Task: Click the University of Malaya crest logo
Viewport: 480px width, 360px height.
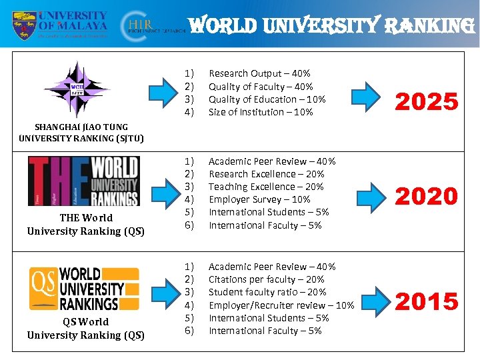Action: point(24,25)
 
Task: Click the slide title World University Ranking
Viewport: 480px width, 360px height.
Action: point(331,25)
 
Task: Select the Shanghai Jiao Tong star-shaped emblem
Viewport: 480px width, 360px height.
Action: point(77,89)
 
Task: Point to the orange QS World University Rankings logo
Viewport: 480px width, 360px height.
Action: point(84,288)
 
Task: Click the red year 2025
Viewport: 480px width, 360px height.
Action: point(427,102)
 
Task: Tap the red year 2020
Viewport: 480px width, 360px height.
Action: point(427,196)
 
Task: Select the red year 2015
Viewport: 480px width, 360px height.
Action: point(427,301)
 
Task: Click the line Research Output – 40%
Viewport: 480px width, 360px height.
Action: point(259,73)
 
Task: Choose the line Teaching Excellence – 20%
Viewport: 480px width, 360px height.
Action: point(266,187)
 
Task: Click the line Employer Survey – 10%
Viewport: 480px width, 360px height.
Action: point(259,199)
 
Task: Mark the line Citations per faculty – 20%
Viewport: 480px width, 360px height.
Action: point(267,279)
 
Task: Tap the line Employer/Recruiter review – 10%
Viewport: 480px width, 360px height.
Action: point(281,305)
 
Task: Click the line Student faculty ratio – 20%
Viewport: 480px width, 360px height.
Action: point(267,292)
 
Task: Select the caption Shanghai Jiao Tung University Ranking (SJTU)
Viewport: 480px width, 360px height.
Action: point(82,133)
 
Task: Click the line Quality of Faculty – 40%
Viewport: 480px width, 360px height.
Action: point(261,87)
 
